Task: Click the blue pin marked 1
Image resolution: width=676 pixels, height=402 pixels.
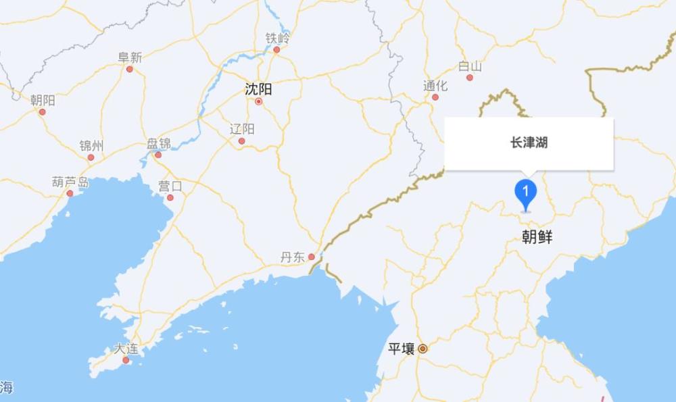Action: (x=526, y=193)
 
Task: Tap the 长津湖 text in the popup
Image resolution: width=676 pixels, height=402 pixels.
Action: (x=529, y=143)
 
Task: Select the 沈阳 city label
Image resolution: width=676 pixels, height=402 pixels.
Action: (x=258, y=89)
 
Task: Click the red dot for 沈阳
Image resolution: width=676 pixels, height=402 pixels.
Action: (x=258, y=102)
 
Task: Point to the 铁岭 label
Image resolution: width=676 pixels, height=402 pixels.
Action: (x=276, y=38)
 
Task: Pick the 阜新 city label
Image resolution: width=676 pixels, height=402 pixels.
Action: (x=130, y=57)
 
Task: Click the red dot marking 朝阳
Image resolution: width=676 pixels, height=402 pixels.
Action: (x=42, y=112)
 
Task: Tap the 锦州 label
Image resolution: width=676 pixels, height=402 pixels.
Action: (x=91, y=146)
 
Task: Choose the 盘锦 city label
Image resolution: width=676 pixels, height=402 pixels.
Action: (x=159, y=143)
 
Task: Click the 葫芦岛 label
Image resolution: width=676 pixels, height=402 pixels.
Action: (x=70, y=182)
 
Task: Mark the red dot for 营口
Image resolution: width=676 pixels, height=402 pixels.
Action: (x=170, y=197)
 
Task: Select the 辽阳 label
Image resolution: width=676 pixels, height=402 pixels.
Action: (x=241, y=129)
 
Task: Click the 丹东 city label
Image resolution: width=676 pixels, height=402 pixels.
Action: (x=293, y=257)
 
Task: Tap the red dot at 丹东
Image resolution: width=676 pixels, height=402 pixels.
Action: (x=311, y=257)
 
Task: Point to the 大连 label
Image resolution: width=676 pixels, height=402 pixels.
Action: (x=126, y=349)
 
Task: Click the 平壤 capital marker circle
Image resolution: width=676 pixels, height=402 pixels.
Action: (x=422, y=349)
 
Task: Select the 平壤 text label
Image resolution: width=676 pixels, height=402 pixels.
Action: (x=401, y=349)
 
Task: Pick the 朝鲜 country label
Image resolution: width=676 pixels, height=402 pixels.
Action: (x=537, y=236)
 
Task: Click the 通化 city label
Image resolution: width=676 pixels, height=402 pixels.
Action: (x=435, y=86)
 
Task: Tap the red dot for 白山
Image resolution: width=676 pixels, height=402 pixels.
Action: (x=470, y=78)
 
